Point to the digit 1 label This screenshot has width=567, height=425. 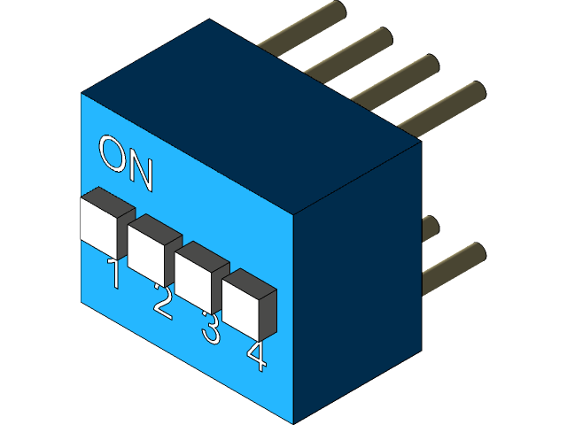113,274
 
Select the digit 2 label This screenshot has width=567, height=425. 162,300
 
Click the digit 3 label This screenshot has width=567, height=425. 210,328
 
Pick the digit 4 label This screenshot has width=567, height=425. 256,355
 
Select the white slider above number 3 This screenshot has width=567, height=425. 194,277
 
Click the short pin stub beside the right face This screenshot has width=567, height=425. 430,228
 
